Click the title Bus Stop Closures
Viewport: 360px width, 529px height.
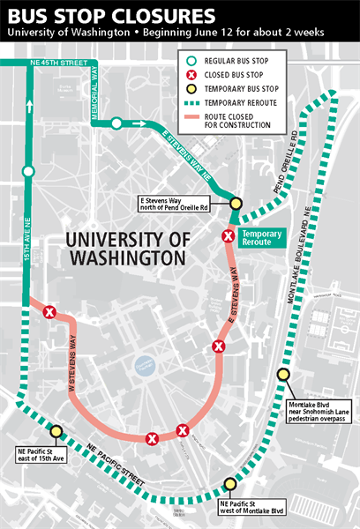click(x=111, y=16)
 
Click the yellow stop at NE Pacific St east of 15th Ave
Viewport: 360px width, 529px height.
click(x=56, y=431)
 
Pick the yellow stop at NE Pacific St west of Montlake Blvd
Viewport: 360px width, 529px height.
click(x=230, y=483)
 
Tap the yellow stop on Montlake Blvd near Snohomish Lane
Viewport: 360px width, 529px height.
click(x=283, y=374)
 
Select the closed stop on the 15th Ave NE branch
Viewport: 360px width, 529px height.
click(x=50, y=311)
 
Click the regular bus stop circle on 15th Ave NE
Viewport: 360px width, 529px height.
click(x=28, y=171)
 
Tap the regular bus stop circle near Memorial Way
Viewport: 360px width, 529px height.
click(x=116, y=123)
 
